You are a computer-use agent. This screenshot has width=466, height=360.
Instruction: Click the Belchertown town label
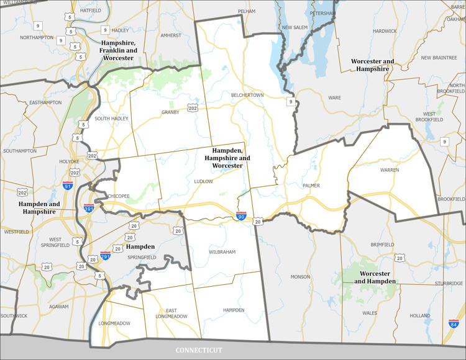(247, 95)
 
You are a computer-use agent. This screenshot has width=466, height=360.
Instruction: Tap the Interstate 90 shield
(240, 216)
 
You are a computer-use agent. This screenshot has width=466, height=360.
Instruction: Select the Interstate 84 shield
(454, 323)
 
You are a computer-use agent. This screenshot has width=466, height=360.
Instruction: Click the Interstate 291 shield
(106, 255)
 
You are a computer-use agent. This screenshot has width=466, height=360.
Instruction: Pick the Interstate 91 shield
(68, 186)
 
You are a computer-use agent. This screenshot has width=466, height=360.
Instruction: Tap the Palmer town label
(311, 186)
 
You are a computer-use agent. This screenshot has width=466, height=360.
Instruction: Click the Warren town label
(390, 169)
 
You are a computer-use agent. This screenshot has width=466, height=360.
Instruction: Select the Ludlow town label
(203, 181)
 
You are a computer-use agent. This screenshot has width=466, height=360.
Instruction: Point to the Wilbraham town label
(223, 253)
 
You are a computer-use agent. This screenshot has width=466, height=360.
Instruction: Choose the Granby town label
(170, 112)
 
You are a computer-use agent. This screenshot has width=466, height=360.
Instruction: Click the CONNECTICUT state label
(198, 350)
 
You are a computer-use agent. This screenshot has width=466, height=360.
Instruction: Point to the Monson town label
(300, 277)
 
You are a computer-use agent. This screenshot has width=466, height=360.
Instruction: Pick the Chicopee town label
(118, 196)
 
